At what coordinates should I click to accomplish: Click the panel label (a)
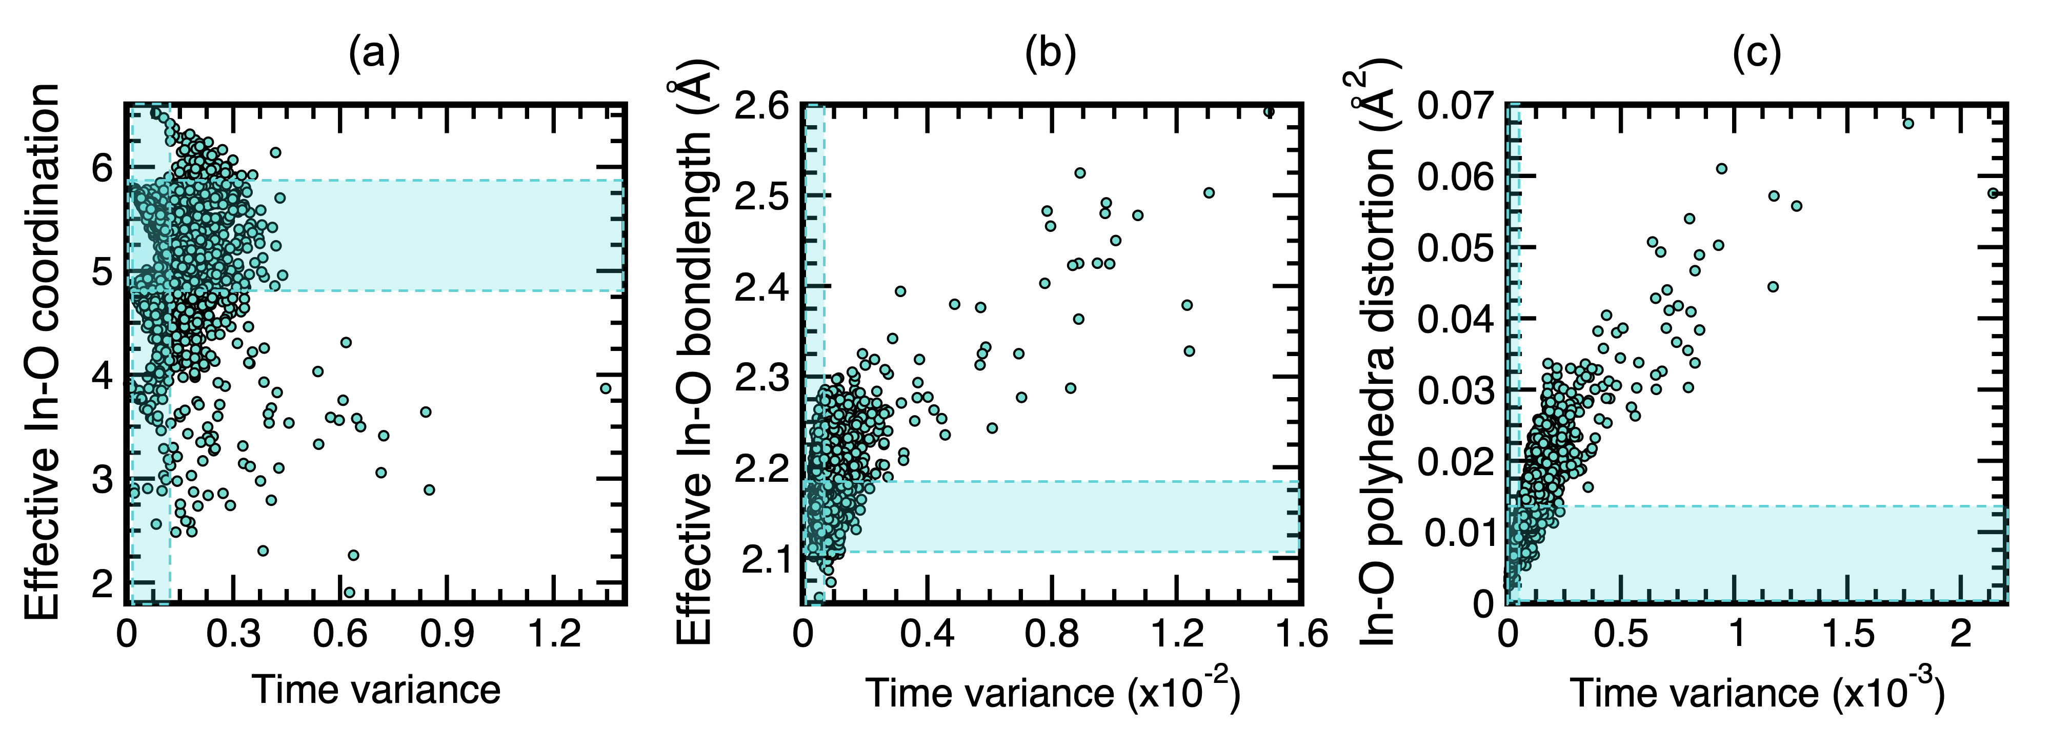(374, 54)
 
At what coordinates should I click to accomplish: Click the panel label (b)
(1051, 54)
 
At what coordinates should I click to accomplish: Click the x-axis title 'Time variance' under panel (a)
(376, 689)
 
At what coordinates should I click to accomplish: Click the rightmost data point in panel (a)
(606, 388)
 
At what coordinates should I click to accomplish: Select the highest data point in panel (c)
(1907, 123)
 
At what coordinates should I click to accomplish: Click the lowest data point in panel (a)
(349, 592)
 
